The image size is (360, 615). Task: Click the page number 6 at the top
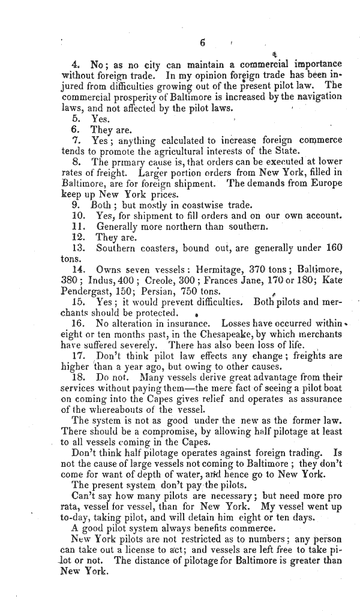pyautogui.click(x=202, y=43)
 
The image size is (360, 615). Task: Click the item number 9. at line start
pyautogui.click(x=76, y=205)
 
